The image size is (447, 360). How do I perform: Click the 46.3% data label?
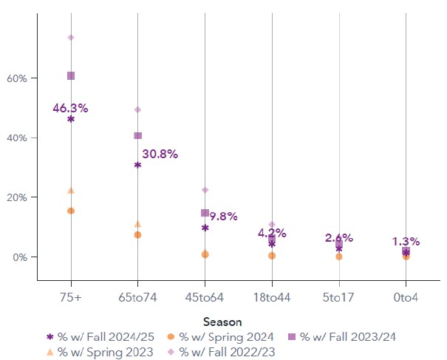tap(70, 108)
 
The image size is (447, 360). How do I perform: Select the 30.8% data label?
tap(160, 154)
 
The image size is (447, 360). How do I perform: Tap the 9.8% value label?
tap(223, 216)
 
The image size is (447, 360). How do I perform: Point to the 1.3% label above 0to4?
tap(406, 241)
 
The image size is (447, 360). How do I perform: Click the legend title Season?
tap(221, 322)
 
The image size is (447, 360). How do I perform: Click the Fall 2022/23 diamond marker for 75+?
tap(71, 37)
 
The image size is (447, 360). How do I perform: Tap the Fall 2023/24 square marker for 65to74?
tap(137, 135)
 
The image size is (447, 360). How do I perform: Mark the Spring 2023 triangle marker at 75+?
tap(71, 190)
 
